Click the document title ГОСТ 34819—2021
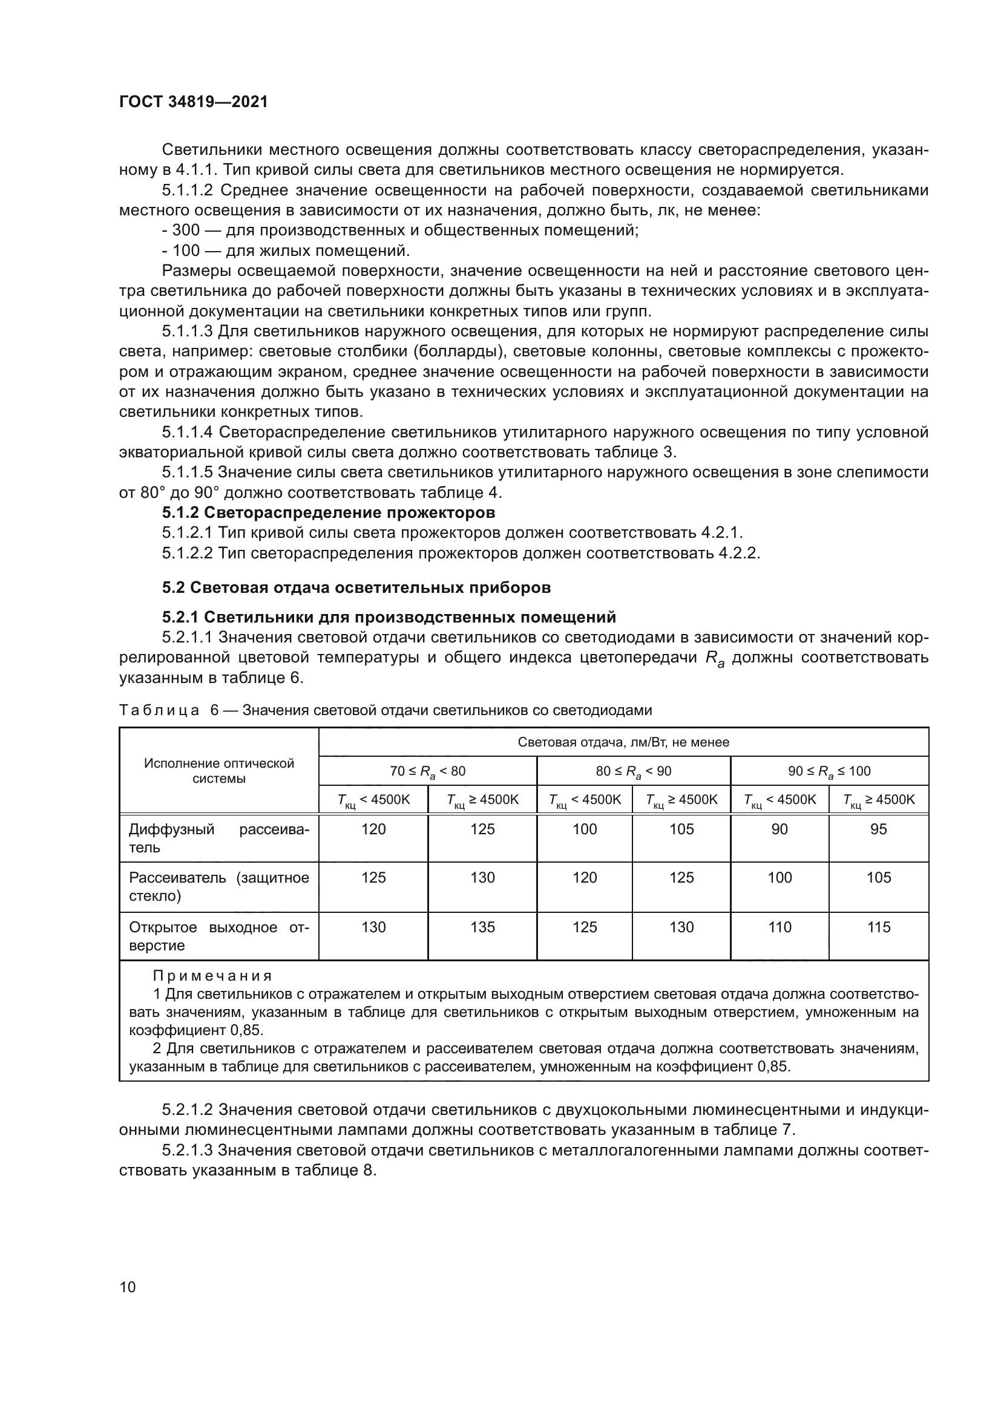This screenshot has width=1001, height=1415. click(194, 102)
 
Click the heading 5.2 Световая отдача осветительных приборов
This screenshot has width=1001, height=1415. click(356, 587)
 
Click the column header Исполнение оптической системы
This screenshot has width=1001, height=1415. click(219, 770)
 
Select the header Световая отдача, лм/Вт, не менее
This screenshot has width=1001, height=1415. click(623, 742)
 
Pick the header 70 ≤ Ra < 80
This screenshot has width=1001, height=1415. click(428, 771)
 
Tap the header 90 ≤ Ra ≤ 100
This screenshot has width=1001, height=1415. click(830, 771)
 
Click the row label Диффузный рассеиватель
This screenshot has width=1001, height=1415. click(219, 838)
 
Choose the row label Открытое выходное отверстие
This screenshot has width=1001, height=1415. click(219, 936)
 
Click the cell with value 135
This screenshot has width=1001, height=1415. click(482, 927)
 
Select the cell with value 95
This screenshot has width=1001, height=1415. click(878, 829)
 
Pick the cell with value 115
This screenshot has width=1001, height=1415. click(878, 927)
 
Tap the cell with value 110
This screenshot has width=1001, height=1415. click(779, 927)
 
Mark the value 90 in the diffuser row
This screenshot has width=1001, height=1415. click(779, 829)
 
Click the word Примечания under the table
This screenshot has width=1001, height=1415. click(212, 976)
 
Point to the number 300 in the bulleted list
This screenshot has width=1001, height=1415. click(186, 230)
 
